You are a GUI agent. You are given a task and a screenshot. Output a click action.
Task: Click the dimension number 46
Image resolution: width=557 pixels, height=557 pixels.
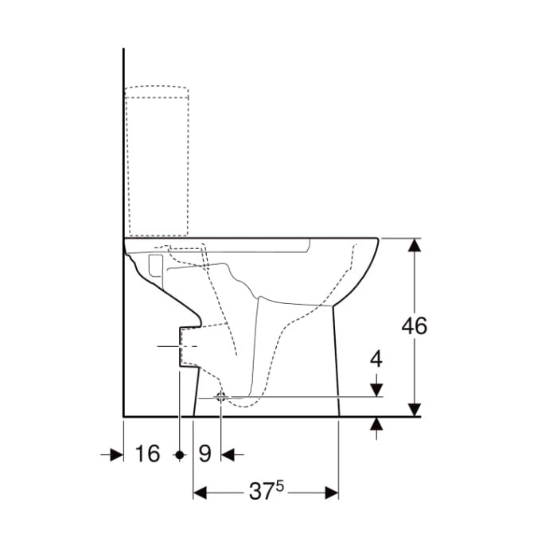click(415, 325)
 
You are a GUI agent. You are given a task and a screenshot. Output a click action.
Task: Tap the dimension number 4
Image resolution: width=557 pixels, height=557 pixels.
click(376, 359)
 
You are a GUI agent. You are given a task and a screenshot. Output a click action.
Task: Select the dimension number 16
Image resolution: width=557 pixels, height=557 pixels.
click(147, 454)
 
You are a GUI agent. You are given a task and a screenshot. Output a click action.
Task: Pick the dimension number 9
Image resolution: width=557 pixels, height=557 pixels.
click(204, 454)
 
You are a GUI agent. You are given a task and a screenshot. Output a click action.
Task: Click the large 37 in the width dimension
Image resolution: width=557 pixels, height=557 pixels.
click(261, 492)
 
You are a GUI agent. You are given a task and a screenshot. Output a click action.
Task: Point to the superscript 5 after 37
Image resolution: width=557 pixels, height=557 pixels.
click(280, 486)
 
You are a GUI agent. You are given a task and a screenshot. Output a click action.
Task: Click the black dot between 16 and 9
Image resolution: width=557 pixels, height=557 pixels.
click(180, 454)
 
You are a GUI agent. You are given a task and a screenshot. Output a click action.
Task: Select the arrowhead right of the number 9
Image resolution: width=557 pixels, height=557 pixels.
click(228, 454)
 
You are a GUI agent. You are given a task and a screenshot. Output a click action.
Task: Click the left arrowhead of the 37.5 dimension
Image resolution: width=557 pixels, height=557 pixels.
click(200, 493)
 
